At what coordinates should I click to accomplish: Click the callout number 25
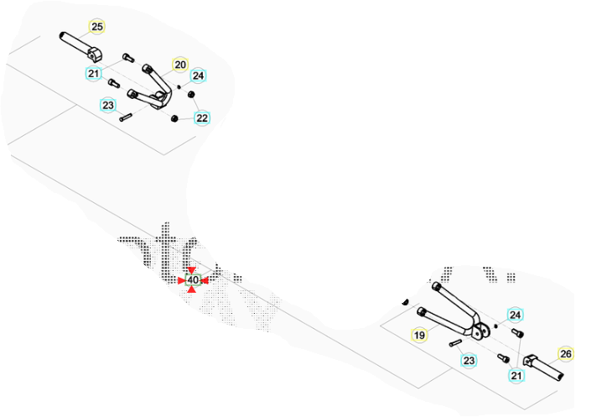point(97,27)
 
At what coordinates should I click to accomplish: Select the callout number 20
point(180,65)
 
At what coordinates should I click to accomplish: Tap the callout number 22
point(202,118)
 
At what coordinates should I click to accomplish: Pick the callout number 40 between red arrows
point(193,279)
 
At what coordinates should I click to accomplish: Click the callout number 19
point(420,336)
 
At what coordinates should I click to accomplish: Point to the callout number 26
point(566,354)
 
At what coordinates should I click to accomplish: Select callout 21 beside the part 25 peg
point(94,74)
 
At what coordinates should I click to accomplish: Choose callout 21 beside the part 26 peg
point(516,376)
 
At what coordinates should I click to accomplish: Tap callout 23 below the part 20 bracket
point(108,105)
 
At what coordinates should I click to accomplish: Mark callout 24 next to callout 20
point(199,76)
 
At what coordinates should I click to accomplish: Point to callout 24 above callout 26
point(516,315)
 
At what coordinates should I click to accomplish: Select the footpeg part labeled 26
point(549,369)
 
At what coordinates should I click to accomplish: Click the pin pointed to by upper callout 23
point(127,117)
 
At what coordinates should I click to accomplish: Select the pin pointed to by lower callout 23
point(455,342)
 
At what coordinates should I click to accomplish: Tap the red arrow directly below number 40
point(193,289)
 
